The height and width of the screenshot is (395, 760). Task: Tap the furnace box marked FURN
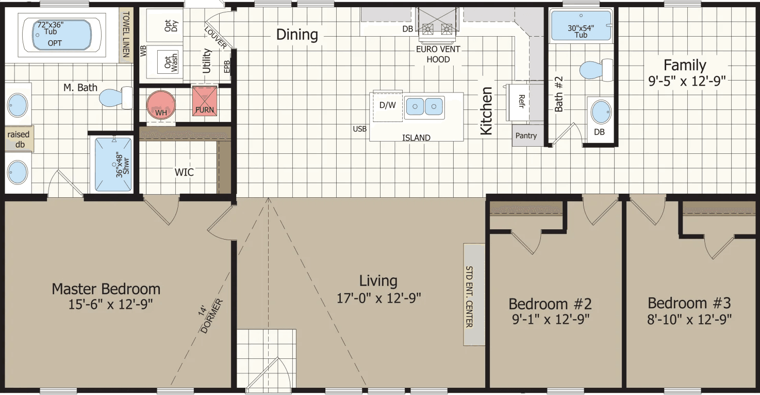205,102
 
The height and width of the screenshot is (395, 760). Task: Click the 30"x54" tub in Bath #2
581,26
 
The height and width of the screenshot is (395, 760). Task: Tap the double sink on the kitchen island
424,106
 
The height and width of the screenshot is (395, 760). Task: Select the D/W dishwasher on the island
387,106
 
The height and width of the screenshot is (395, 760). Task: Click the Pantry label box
527,136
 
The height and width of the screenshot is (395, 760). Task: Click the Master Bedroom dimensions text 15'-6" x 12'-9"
111,305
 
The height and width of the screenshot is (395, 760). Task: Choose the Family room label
684,65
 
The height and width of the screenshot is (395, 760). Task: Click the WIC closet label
184,172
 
